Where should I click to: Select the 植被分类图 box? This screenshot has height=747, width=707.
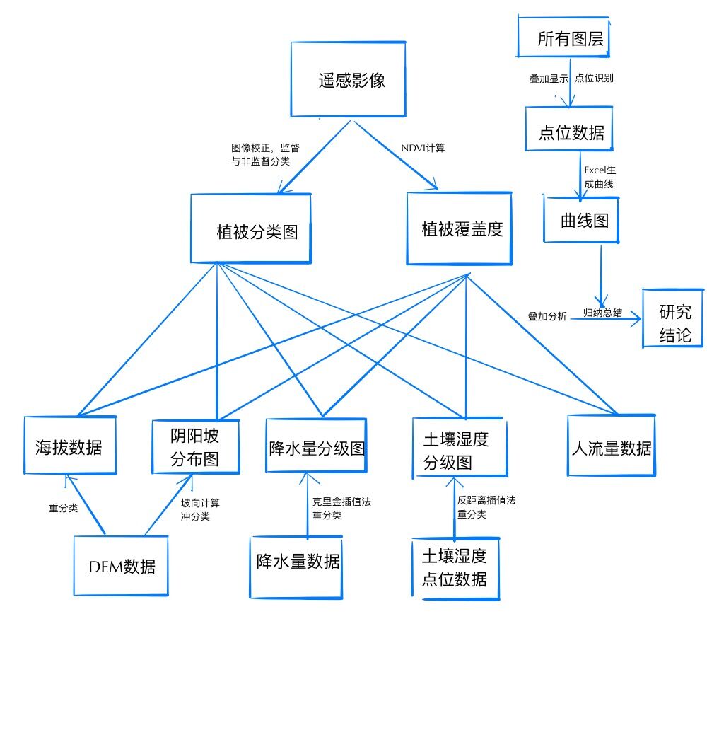251,229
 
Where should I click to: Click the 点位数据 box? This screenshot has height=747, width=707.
568,129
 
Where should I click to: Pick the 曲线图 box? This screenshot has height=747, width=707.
581,219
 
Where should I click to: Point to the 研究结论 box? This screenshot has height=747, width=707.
672,318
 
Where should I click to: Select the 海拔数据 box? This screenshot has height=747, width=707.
69,446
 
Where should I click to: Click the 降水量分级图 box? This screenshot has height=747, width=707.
316,446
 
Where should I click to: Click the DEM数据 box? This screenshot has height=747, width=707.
121,565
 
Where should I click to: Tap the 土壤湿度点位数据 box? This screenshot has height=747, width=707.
455,569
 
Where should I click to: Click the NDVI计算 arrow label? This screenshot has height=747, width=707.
423,148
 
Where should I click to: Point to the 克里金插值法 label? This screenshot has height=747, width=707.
341,502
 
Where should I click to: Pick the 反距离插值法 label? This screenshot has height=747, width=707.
486,500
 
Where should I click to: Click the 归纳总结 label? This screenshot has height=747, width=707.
602,313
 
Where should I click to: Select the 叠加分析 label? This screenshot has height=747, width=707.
547,316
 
